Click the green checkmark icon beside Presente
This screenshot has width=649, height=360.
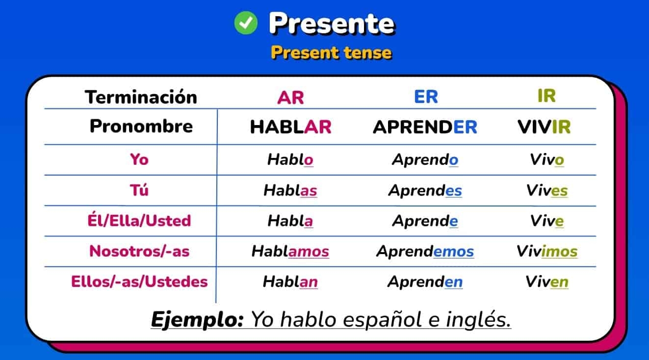(246, 23)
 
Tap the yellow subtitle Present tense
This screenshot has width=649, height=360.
(331, 52)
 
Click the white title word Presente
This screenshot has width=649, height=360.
(331, 23)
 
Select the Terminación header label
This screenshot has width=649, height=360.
(141, 97)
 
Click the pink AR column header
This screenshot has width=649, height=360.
(290, 98)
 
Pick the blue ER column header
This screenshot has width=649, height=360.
(426, 97)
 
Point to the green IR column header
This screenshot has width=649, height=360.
(546, 96)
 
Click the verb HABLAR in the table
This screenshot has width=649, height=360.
(290, 127)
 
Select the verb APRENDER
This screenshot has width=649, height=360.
(425, 127)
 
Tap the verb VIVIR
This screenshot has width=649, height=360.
(544, 127)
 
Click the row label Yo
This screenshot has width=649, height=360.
(139, 159)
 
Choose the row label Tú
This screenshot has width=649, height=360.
(139, 190)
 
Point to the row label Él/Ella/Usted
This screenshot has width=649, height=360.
(139, 221)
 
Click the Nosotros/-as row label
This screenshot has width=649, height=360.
(139, 252)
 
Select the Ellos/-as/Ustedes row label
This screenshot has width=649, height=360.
(139, 282)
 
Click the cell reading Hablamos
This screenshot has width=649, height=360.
(290, 252)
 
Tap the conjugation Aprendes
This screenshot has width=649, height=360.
(425, 190)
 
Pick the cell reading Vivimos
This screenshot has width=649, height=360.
(546, 252)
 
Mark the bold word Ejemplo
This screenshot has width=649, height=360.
(197, 320)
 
